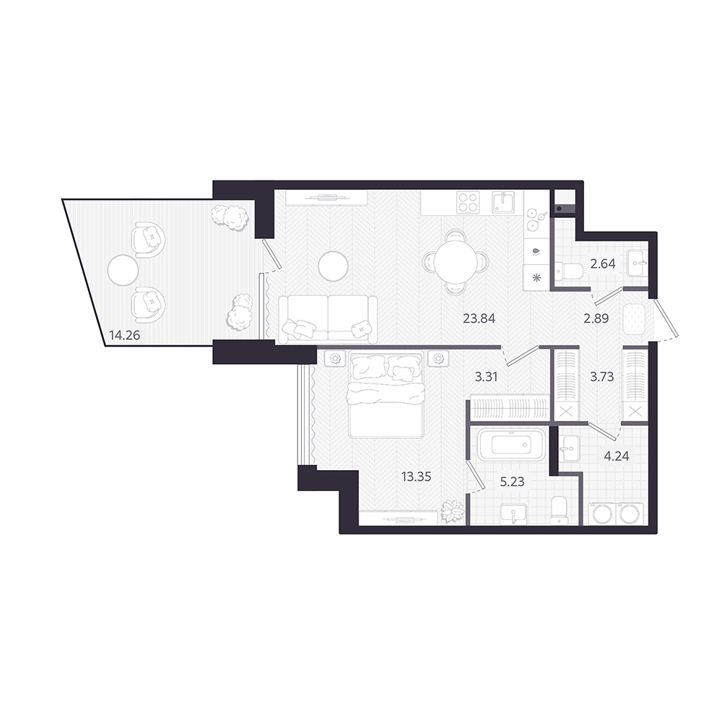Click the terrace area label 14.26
click(x=124, y=335)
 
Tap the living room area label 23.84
click(x=479, y=318)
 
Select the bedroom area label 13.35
click(x=417, y=477)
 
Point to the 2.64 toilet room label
click(x=603, y=264)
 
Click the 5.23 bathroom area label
click(x=512, y=482)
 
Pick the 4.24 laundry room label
click(x=616, y=456)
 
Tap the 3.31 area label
click(x=486, y=377)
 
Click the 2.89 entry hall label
click(x=596, y=318)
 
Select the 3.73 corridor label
click(x=602, y=377)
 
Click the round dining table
click(x=454, y=262)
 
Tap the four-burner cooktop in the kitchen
click(x=469, y=202)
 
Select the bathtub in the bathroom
click(x=511, y=444)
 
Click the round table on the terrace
click(x=123, y=270)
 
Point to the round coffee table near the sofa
click(x=334, y=266)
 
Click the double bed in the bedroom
click(x=386, y=394)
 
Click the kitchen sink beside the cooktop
click(x=503, y=202)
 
